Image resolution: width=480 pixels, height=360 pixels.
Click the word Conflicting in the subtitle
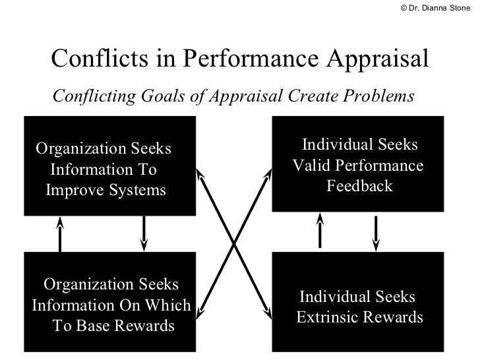click(x=93, y=96)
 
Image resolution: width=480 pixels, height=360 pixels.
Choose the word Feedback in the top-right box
click(x=359, y=186)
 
